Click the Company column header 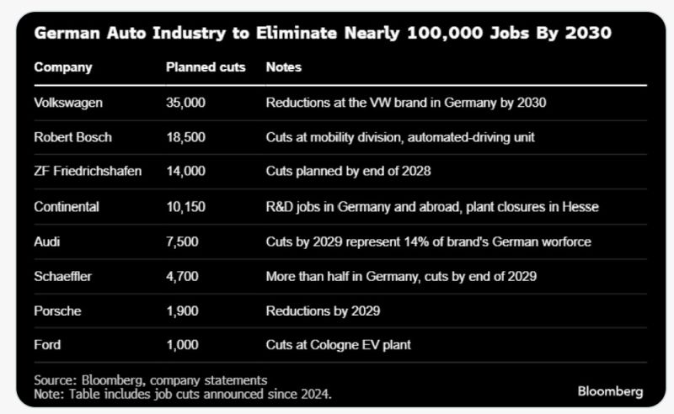(63, 67)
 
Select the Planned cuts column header (206, 67)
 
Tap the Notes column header (283, 67)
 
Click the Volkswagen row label (68, 103)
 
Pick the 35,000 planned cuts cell (186, 103)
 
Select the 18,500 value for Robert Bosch (185, 137)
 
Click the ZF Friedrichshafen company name (88, 172)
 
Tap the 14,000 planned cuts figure (185, 172)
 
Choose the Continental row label (67, 207)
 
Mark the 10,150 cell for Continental (185, 207)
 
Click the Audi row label (47, 241)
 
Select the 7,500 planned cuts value (183, 241)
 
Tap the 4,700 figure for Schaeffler (183, 276)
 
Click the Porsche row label (58, 310)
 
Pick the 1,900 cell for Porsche (183, 310)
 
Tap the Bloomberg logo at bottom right (610, 391)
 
